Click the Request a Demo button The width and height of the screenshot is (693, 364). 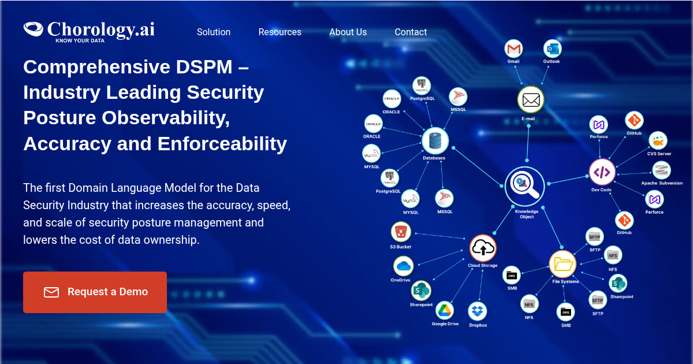click(95, 292)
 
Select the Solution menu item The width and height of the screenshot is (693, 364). click(214, 32)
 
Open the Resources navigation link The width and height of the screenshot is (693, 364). click(280, 32)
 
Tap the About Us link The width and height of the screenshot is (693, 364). click(348, 32)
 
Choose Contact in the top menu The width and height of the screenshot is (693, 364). click(411, 32)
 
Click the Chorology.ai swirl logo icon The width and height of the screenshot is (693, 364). click(33, 29)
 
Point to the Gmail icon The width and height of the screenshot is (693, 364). click(513, 49)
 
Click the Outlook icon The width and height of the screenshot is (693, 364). click(552, 49)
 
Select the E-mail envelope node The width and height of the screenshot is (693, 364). click(531, 99)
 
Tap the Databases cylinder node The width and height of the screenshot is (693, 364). click(435, 141)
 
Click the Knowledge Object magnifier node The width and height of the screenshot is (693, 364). click(525, 186)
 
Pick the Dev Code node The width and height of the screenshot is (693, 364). click(602, 172)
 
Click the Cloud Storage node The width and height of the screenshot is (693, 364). click(483, 248)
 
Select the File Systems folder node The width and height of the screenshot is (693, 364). click(562, 264)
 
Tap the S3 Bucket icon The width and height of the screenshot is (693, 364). click(401, 232)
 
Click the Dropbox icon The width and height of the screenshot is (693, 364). click(478, 311)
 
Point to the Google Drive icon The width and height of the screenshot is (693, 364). click(445, 310)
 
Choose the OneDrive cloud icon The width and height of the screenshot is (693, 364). click(404, 266)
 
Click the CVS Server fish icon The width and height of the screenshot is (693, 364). click(658, 141)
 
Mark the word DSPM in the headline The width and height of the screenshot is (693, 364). click(204, 67)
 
